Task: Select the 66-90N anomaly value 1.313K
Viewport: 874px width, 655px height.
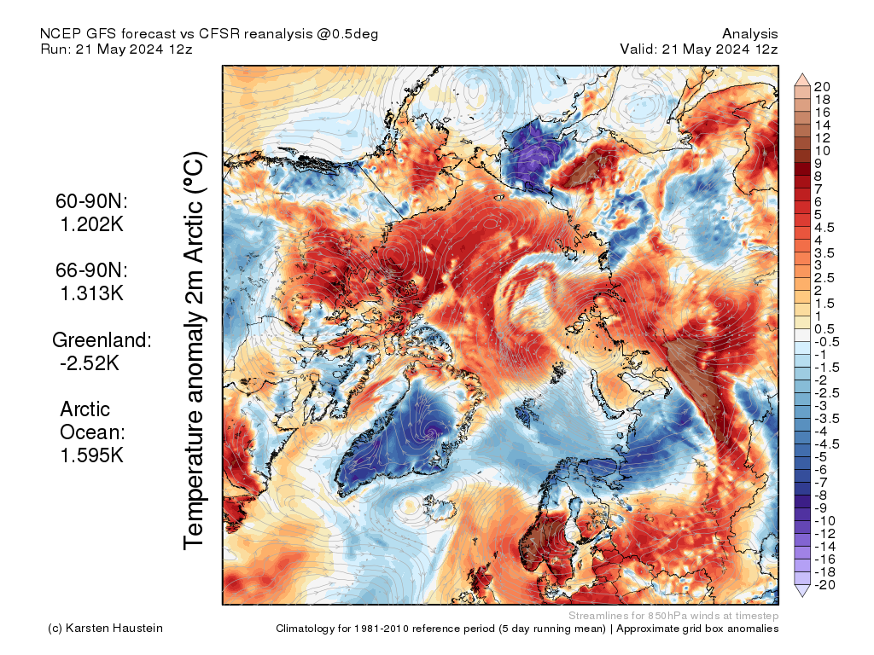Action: coord(91,293)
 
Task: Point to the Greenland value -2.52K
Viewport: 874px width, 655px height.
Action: coord(91,362)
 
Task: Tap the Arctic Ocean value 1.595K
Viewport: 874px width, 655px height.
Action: coord(91,455)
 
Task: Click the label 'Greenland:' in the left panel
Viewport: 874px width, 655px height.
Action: coord(102,339)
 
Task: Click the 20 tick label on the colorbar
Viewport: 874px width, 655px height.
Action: coord(822,87)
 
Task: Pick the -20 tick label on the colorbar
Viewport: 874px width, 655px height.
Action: coord(824,584)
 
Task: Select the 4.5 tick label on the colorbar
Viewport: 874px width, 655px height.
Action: coord(825,228)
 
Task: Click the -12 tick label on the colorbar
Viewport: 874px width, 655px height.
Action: coord(824,533)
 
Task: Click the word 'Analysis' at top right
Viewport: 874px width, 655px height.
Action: coord(749,34)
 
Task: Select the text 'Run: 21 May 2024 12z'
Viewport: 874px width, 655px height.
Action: coord(116,49)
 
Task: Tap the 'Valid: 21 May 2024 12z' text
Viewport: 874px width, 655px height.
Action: coord(699,49)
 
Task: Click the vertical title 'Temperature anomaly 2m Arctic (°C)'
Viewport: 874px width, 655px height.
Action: coord(195,351)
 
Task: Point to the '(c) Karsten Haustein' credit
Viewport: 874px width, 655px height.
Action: coord(105,629)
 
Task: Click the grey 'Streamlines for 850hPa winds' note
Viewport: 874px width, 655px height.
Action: coord(673,616)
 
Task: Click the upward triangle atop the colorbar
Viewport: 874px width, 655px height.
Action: coord(802,79)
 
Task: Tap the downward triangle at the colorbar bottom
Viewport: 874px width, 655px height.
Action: coord(802,590)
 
